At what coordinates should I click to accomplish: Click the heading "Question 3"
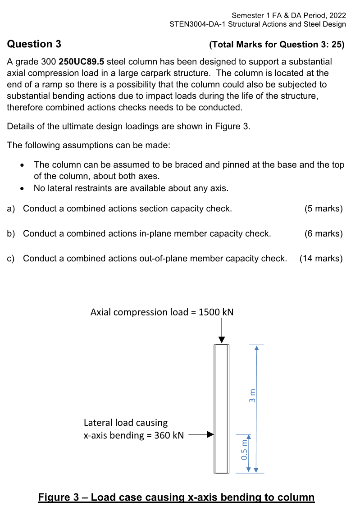coord(34,44)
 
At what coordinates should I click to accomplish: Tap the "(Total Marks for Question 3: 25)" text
coord(277,45)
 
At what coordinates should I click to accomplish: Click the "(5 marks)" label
coord(324,209)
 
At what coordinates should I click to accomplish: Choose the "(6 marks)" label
coord(324,233)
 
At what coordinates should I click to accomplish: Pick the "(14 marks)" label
coord(321,258)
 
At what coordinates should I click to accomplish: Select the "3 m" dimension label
coord(252,395)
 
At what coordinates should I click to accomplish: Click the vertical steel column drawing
coord(221,408)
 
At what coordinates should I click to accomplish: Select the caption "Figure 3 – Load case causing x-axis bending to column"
coord(176,497)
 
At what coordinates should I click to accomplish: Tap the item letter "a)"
coord(11,209)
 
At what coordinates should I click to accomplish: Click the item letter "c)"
coord(11,258)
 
